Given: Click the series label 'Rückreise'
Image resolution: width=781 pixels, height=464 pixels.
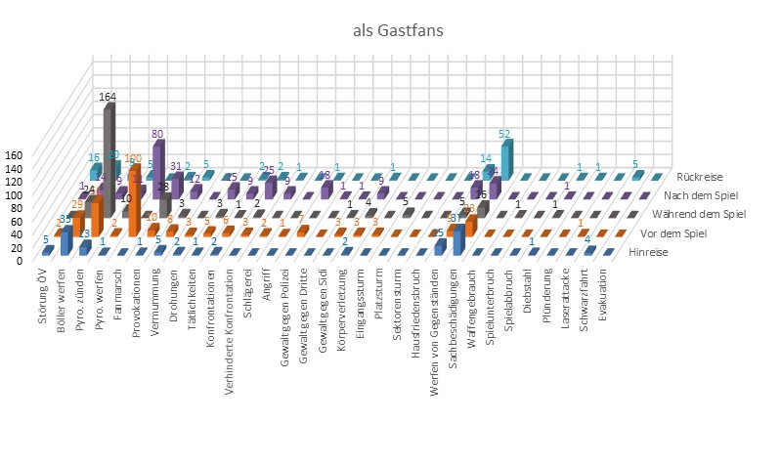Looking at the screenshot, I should [x=698, y=177].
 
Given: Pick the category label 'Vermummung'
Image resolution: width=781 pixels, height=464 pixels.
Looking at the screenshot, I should [x=156, y=296].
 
